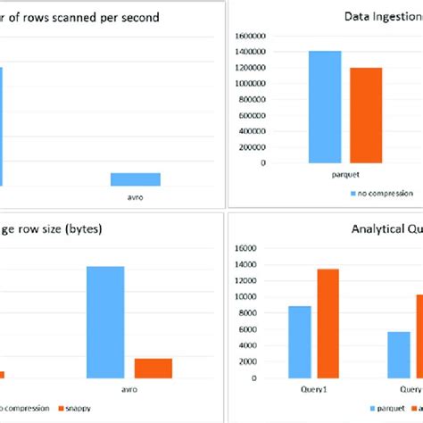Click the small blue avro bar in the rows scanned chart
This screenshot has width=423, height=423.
[136, 178]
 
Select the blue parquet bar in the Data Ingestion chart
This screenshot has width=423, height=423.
[325, 107]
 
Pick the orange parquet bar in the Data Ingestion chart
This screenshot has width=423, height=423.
[366, 115]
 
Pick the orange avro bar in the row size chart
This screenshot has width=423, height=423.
[153, 368]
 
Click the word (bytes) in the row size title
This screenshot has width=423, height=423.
[81, 228]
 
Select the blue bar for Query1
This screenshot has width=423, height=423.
[300, 343]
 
